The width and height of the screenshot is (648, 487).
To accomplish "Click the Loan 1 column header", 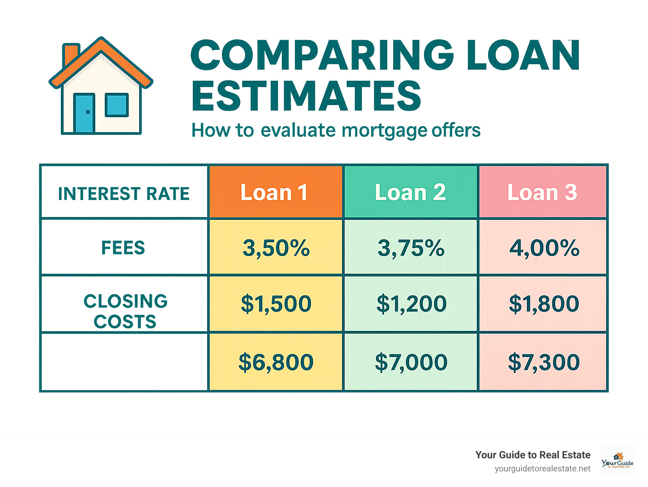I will (x=275, y=192).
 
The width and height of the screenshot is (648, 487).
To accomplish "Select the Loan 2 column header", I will (x=410, y=192).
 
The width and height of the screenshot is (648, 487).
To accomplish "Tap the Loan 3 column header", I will (x=543, y=192).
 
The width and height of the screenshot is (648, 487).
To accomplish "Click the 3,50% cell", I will (x=276, y=248).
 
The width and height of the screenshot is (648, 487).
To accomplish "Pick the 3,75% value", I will (x=411, y=248).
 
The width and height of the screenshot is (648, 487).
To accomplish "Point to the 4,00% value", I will (x=544, y=248).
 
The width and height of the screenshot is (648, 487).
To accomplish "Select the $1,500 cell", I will (x=276, y=304).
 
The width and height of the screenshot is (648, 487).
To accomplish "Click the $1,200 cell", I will (x=411, y=304).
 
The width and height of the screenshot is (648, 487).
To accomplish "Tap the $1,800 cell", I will (x=544, y=304).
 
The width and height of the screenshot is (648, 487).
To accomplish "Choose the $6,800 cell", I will (x=276, y=362).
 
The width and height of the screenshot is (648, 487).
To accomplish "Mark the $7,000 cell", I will (x=411, y=362).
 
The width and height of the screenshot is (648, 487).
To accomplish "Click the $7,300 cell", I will (x=544, y=362).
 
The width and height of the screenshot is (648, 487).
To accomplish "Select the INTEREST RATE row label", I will (x=124, y=194).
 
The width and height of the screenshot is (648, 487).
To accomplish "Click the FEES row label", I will (x=123, y=248).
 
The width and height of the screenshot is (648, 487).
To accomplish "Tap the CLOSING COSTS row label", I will (x=125, y=311).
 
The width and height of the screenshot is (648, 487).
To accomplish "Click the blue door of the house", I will (x=84, y=113).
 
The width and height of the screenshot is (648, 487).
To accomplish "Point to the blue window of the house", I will (x=116, y=105).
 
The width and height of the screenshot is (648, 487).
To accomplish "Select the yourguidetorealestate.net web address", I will (x=543, y=469).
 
